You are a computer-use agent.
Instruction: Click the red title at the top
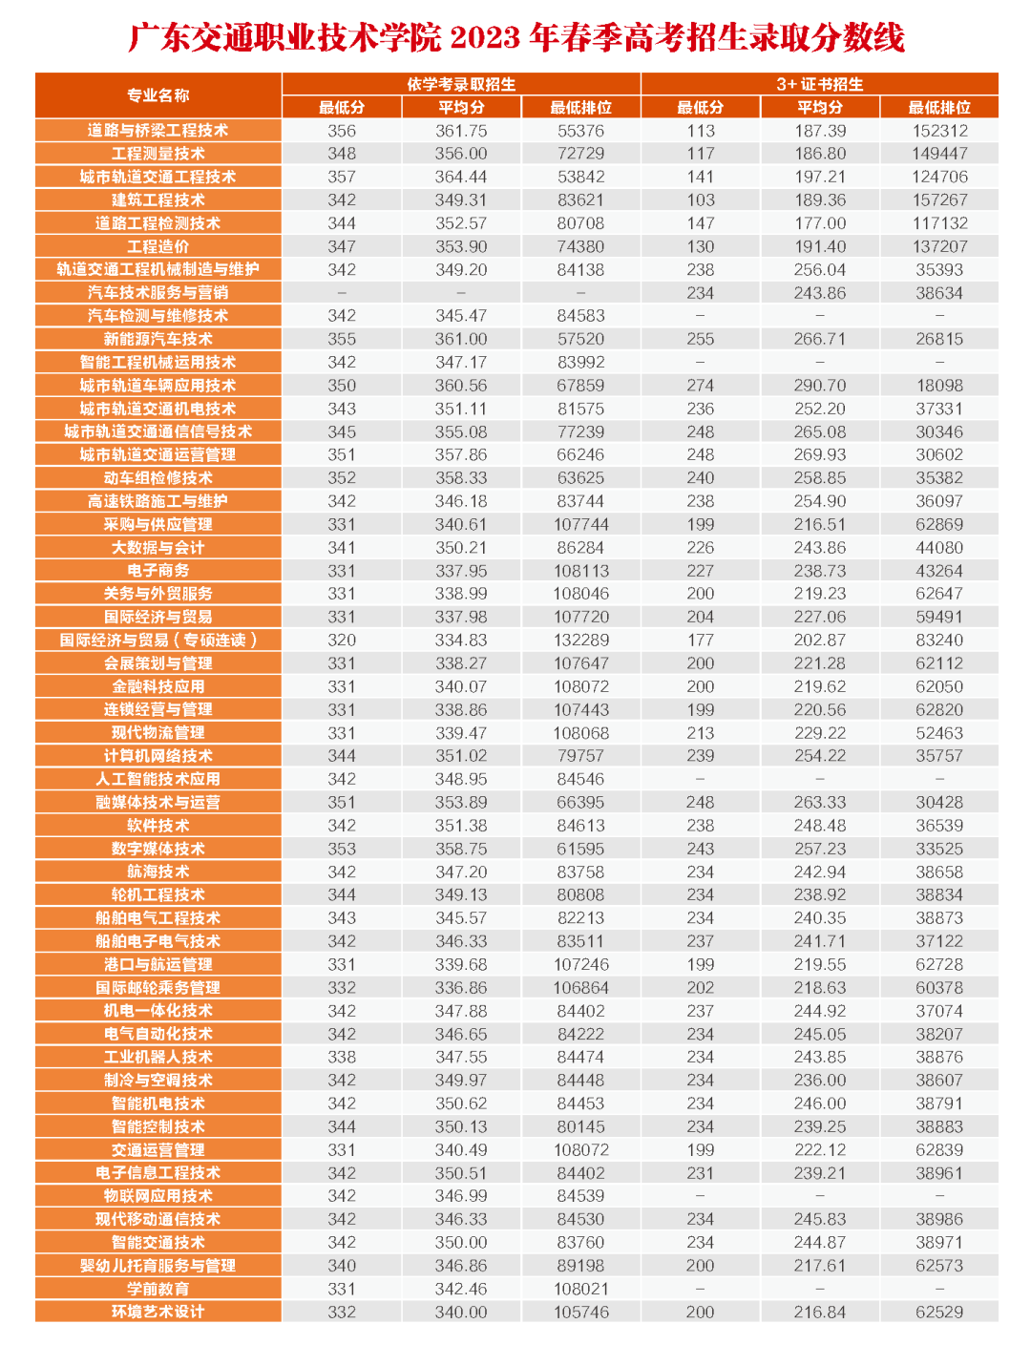tap(515, 37)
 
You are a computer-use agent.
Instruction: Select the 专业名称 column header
tap(158, 95)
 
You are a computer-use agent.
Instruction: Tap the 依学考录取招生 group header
tap(461, 84)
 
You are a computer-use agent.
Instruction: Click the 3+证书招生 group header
tap(819, 84)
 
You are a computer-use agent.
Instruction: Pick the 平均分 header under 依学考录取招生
tap(461, 108)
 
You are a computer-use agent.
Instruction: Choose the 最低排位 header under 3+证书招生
tap(939, 108)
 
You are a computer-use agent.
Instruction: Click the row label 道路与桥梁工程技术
tap(158, 131)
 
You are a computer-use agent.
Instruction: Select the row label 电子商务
tap(158, 571)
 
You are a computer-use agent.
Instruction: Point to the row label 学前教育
tap(158, 1289)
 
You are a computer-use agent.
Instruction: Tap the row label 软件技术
tap(158, 826)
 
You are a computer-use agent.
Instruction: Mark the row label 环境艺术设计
tap(158, 1312)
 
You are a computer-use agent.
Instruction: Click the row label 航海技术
tap(158, 872)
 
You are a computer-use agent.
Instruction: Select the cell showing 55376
tap(580, 131)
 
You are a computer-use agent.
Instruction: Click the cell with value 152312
tap(939, 131)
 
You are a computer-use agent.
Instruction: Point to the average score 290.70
tap(819, 386)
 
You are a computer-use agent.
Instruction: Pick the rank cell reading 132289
tap(580, 641)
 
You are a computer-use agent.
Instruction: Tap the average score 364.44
tap(461, 177)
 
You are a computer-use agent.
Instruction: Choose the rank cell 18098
tap(939, 386)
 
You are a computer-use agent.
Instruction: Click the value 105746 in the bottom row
tap(580, 1312)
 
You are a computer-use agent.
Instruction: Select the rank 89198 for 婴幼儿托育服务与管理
tap(580, 1266)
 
